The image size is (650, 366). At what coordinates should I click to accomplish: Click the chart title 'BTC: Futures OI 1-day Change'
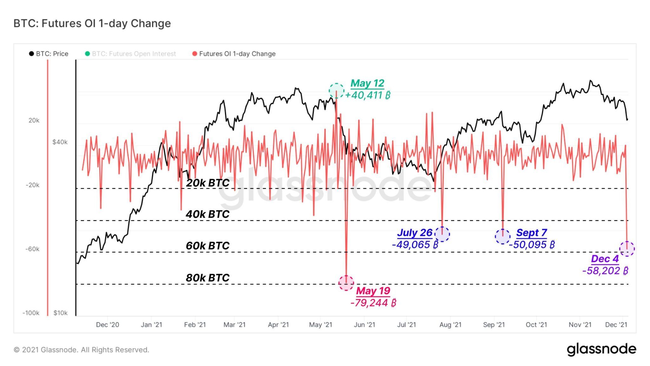coord(92,23)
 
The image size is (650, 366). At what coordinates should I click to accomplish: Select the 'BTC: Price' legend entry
coord(49,54)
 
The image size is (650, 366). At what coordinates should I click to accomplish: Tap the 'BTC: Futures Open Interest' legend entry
coord(130,54)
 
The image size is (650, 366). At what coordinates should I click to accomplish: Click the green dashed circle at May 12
coord(336,91)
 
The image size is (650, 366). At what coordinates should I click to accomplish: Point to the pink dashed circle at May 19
coord(346,283)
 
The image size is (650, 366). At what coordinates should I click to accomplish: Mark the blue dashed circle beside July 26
coord(442,234)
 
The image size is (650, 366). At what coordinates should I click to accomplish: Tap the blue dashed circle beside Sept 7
coord(503,236)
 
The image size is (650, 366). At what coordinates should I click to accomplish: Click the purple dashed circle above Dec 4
coord(627,249)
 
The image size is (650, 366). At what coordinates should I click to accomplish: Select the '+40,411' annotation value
coord(368,95)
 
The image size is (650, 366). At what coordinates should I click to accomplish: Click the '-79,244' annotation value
coord(373,303)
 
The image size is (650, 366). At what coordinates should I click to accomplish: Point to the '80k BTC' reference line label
coord(208,278)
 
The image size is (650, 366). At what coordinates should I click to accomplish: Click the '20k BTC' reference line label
coord(208,183)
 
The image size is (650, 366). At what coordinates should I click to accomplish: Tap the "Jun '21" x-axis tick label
coord(364,325)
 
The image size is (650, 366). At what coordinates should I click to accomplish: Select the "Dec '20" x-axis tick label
coord(108,325)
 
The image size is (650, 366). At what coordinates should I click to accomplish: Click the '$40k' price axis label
coord(60,142)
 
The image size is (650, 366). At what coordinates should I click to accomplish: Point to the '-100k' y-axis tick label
coord(31,313)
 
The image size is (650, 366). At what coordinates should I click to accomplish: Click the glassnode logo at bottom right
coord(601,349)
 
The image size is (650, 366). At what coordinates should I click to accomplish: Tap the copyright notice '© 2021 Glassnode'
coord(81,350)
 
